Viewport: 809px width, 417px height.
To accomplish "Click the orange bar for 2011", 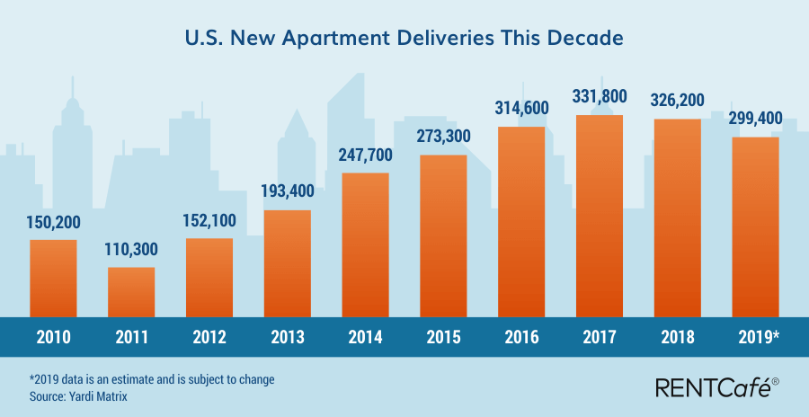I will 131,292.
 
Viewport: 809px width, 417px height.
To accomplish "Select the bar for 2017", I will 599,216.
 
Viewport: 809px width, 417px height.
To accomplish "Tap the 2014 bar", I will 365,244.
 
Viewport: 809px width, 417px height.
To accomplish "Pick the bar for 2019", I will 755,226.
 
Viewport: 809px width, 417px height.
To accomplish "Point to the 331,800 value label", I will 600,97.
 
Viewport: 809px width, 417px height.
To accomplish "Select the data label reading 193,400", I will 287,193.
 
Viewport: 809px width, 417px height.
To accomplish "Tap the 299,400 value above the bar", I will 755,119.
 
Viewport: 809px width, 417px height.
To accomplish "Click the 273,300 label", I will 443,138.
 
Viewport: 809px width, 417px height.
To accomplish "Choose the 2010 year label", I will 53,338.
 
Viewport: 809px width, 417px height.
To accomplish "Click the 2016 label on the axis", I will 521,338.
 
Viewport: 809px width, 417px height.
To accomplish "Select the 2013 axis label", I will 287,338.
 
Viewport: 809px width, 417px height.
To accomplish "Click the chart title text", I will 404,40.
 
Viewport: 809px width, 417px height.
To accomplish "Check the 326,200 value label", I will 677,100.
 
